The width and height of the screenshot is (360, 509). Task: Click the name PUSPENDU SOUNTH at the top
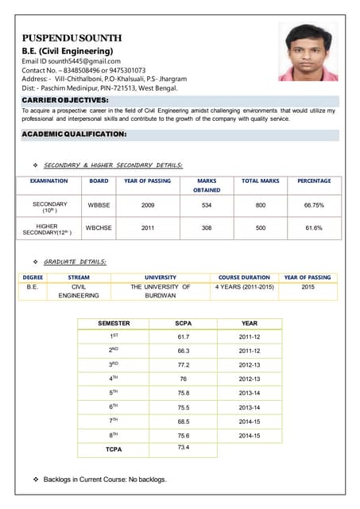[x=72, y=37]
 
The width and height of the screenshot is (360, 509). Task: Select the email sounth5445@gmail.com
[x=87, y=61]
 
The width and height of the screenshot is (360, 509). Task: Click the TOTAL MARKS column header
[x=260, y=181]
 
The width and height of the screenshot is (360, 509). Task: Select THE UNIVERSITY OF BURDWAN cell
[x=161, y=290]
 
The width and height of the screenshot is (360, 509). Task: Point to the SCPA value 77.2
[x=183, y=364]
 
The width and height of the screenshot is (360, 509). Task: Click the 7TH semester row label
[x=114, y=421]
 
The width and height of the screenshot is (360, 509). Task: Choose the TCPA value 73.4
[x=183, y=448]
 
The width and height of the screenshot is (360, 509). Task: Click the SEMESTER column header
[x=114, y=323]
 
